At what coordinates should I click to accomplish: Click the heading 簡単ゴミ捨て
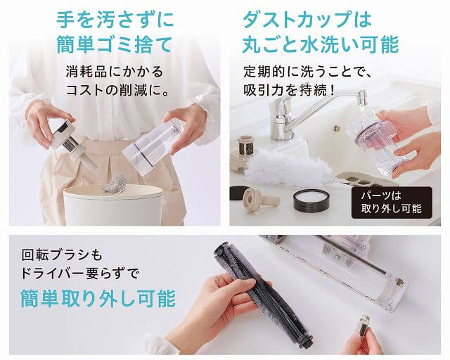point(115,45)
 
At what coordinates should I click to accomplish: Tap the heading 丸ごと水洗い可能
point(321,45)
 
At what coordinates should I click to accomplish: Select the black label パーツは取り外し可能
point(392,202)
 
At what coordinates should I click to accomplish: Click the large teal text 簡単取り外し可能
point(98,299)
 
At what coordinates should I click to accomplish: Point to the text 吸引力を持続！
point(290,91)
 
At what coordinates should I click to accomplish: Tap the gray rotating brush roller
point(262,293)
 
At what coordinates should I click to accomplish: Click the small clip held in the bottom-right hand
point(364,326)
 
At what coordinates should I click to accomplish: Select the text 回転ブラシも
point(62,255)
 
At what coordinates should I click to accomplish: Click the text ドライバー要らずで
point(79,274)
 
